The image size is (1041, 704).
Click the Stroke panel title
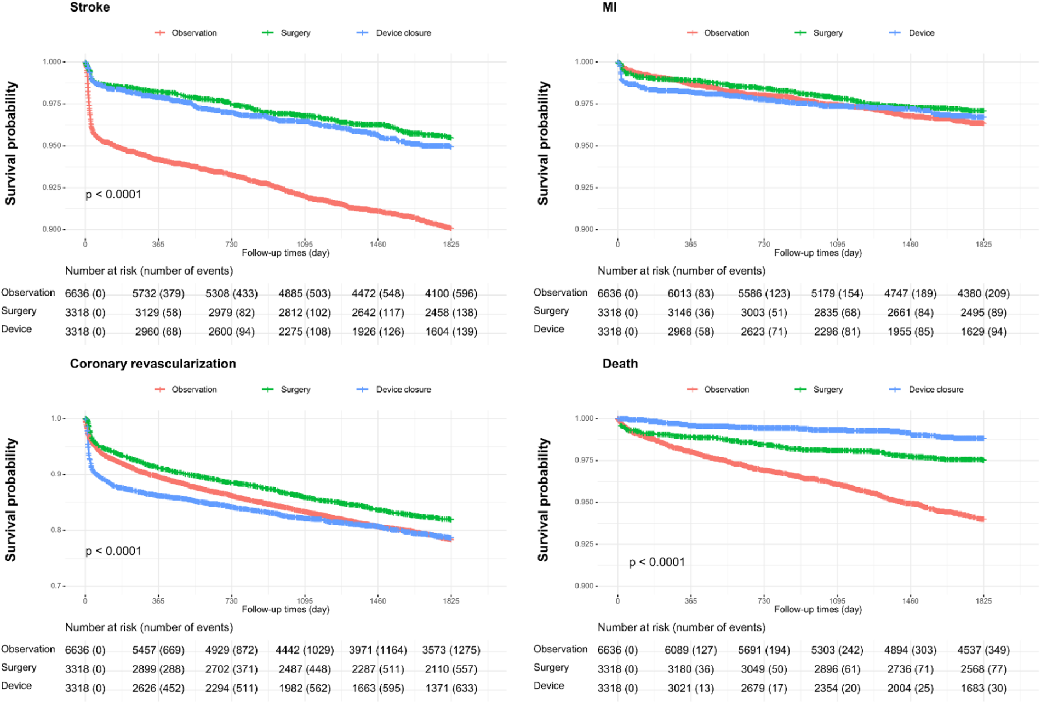point(90,8)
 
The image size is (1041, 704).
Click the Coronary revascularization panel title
point(153,364)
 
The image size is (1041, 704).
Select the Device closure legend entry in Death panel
point(935,390)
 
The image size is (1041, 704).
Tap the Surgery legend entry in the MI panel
point(827,33)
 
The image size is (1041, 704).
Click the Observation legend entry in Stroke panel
point(194,33)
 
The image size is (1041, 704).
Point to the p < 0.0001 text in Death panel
point(657,563)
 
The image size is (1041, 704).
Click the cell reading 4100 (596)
point(451,294)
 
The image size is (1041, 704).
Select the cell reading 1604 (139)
point(451,332)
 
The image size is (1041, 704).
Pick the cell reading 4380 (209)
point(983,294)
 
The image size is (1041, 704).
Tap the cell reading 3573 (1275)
point(451,650)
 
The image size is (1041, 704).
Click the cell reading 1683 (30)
point(983,689)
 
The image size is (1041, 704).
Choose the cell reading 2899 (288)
point(158,669)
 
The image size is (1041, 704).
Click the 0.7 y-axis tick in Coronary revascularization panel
point(56,586)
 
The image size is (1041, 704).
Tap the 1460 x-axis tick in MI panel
point(910,245)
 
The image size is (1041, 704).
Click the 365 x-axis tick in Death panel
point(690,601)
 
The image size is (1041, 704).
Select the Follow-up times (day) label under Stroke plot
point(285,253)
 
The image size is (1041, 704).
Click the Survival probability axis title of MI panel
point(543,144)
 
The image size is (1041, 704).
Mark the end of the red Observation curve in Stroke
point(451,228)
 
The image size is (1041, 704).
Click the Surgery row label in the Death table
point(551,668)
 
